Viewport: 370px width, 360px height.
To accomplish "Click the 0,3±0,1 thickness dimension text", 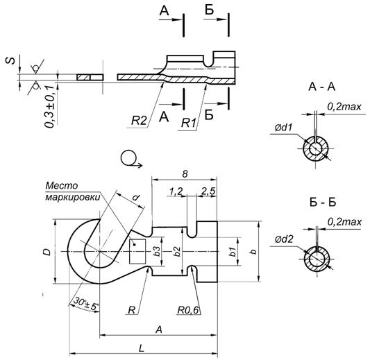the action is (50, 107).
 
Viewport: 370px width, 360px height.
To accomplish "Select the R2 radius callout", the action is (139, 121).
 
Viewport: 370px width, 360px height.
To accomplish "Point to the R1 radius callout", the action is (189, 123).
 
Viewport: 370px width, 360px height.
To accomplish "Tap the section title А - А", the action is (321, 87).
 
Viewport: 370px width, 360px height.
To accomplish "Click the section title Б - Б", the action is (323, 203).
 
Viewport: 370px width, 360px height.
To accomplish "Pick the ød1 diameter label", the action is (283, 128).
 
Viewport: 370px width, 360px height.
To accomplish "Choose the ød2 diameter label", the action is (284, 239).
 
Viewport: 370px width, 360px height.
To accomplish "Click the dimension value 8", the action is (185, 174).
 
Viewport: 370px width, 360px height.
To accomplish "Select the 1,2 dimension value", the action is (176, 191).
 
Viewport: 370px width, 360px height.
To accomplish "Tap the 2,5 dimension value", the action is (208, 191).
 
